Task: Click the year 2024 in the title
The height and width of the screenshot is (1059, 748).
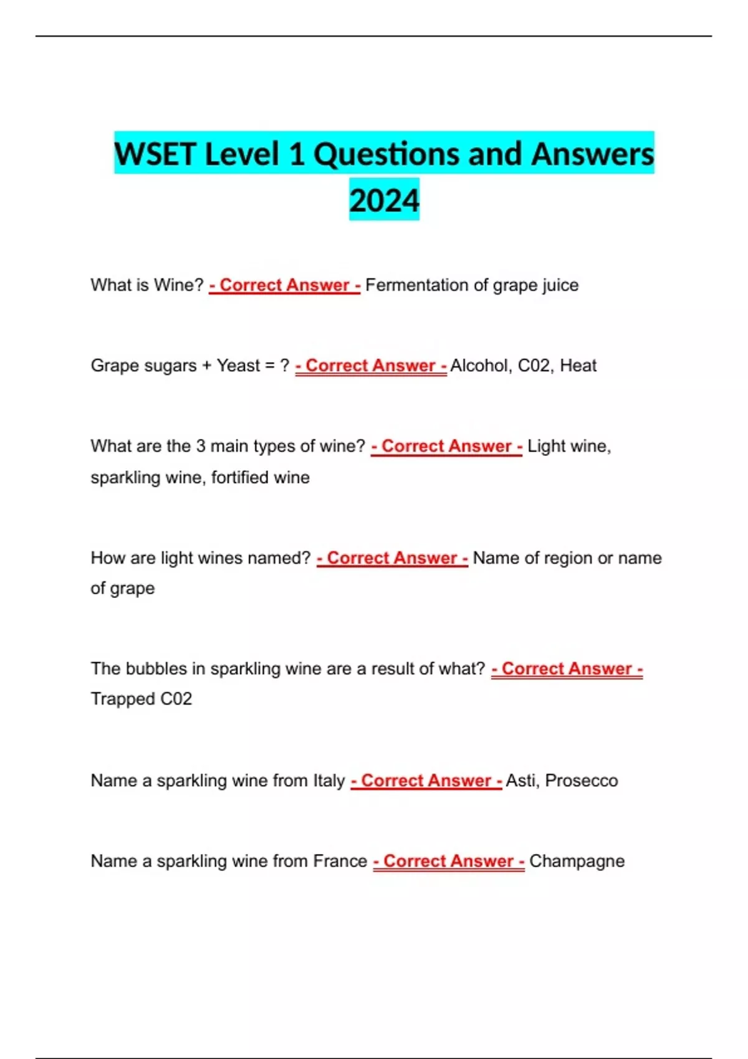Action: tap(384, 201)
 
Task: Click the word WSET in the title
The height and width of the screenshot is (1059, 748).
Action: tap(155, 154)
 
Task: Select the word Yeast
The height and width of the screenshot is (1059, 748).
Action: tap(238, 366)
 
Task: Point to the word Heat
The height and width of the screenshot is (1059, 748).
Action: tap(578, 366)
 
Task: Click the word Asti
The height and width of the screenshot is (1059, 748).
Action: tap(522, 781)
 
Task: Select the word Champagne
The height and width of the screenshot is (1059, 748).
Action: tap(577, 861)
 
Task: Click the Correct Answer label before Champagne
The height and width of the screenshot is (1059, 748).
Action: tap(449, 861)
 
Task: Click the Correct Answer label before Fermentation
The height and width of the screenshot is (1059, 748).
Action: tap(285, 285)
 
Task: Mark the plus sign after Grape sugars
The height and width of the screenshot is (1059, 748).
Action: tap(206, 366)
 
